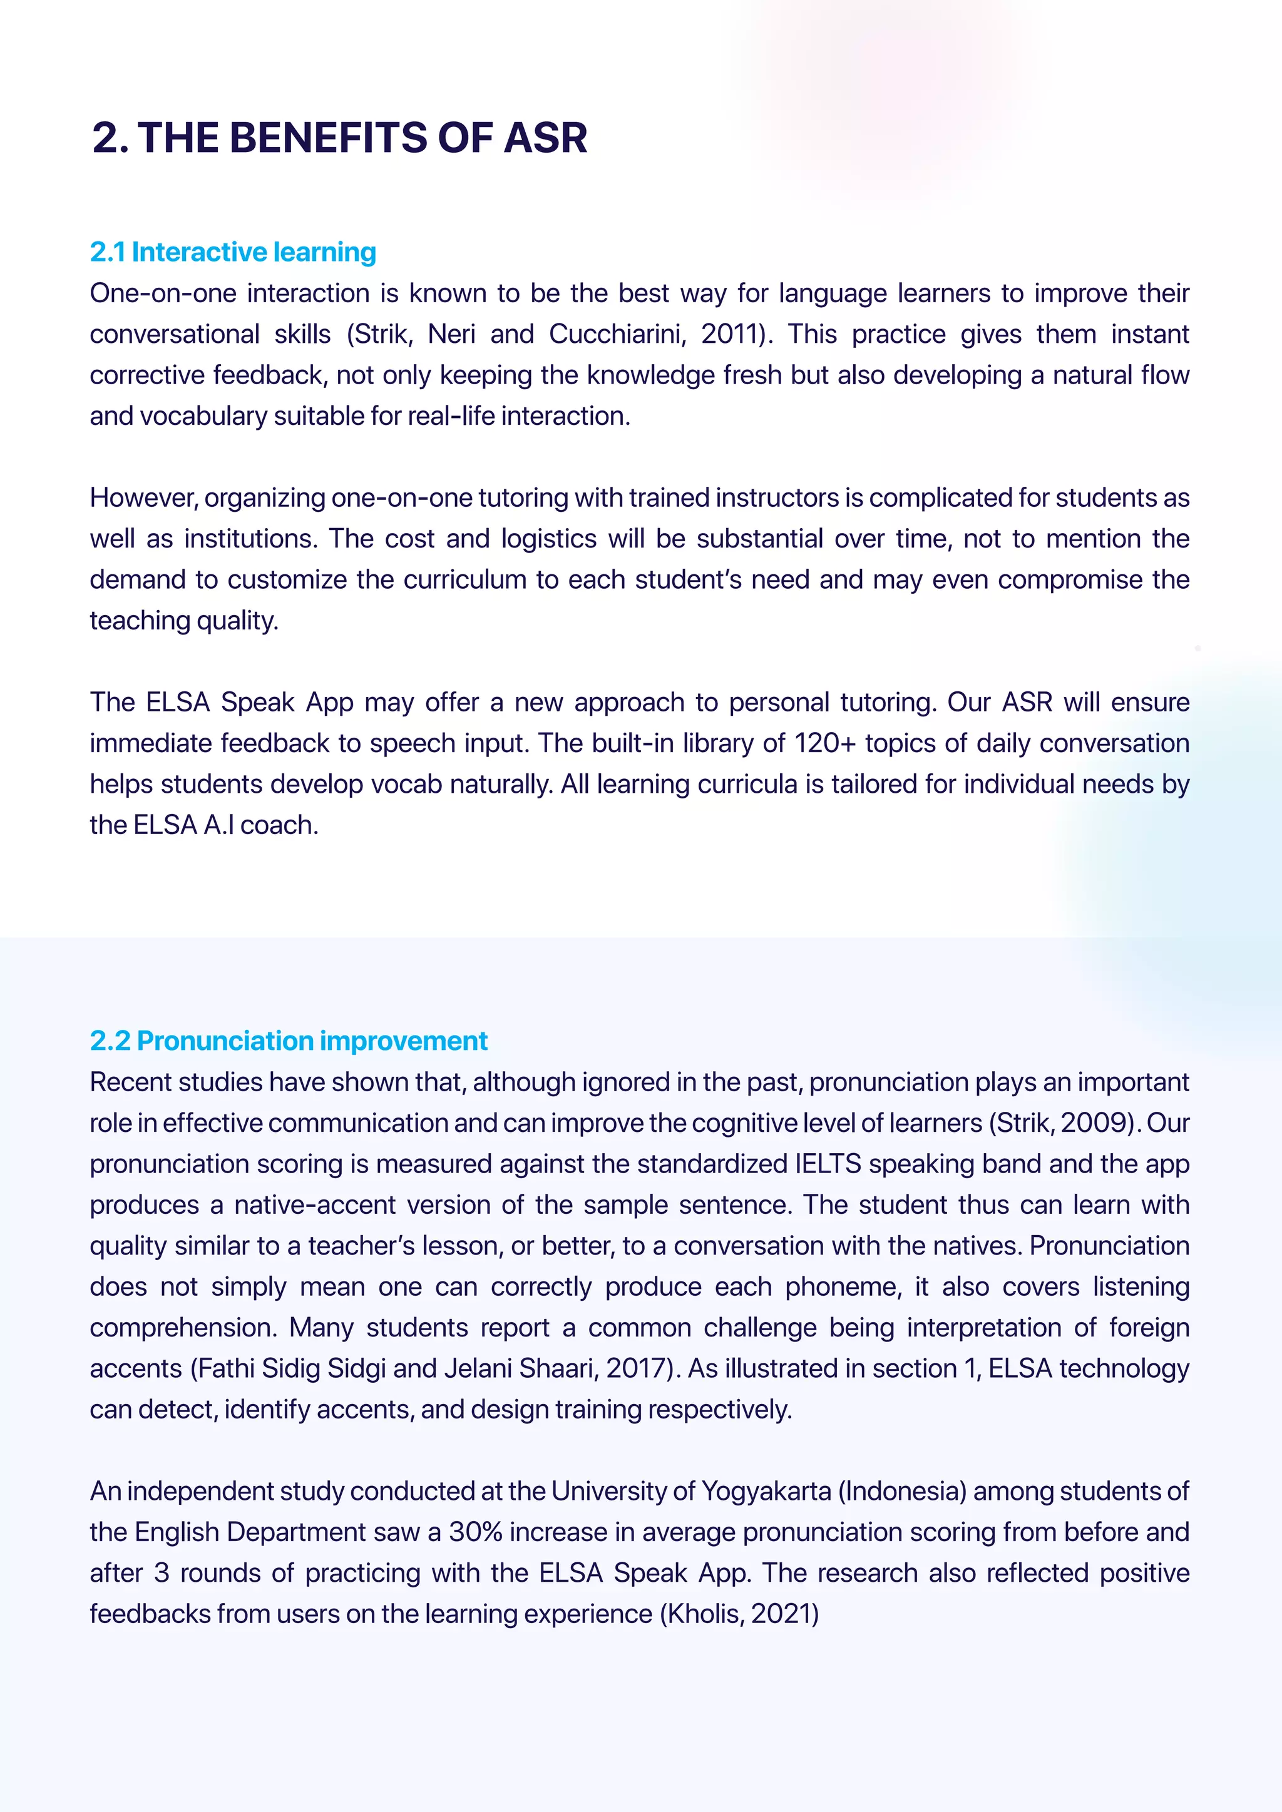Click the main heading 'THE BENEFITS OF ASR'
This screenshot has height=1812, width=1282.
tap(362, 138)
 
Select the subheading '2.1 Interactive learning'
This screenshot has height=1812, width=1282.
tap(233, 252)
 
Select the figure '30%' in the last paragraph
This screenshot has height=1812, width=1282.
tap(476, 1532)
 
